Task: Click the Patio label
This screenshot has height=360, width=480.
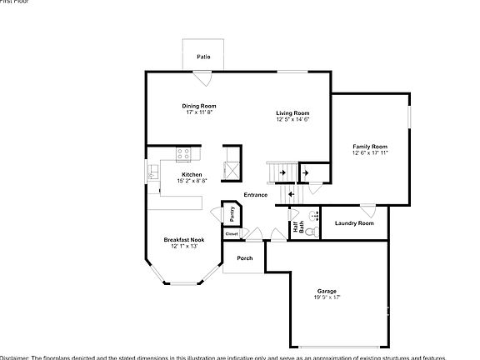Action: (203, 57)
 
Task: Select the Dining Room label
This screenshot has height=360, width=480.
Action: (200, 106)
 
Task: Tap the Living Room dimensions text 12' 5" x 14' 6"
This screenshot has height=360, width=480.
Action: (293, 119)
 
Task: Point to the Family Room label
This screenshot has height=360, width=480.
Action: (370, 147)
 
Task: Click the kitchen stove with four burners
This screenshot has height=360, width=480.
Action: (184, 153)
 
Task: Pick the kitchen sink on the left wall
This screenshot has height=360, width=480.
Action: (153, 172)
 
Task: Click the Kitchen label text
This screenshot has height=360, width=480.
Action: (191, 174)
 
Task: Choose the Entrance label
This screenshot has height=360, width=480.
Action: (256, 195)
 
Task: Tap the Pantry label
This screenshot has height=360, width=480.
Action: (232, 214)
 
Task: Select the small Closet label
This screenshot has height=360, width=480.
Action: (232, 234)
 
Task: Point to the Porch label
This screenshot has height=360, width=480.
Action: (245, 258)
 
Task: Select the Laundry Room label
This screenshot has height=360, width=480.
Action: (354, 223)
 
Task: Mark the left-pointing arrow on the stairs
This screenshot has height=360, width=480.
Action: (290, 195)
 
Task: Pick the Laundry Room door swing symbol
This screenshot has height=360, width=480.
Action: (367, 210)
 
